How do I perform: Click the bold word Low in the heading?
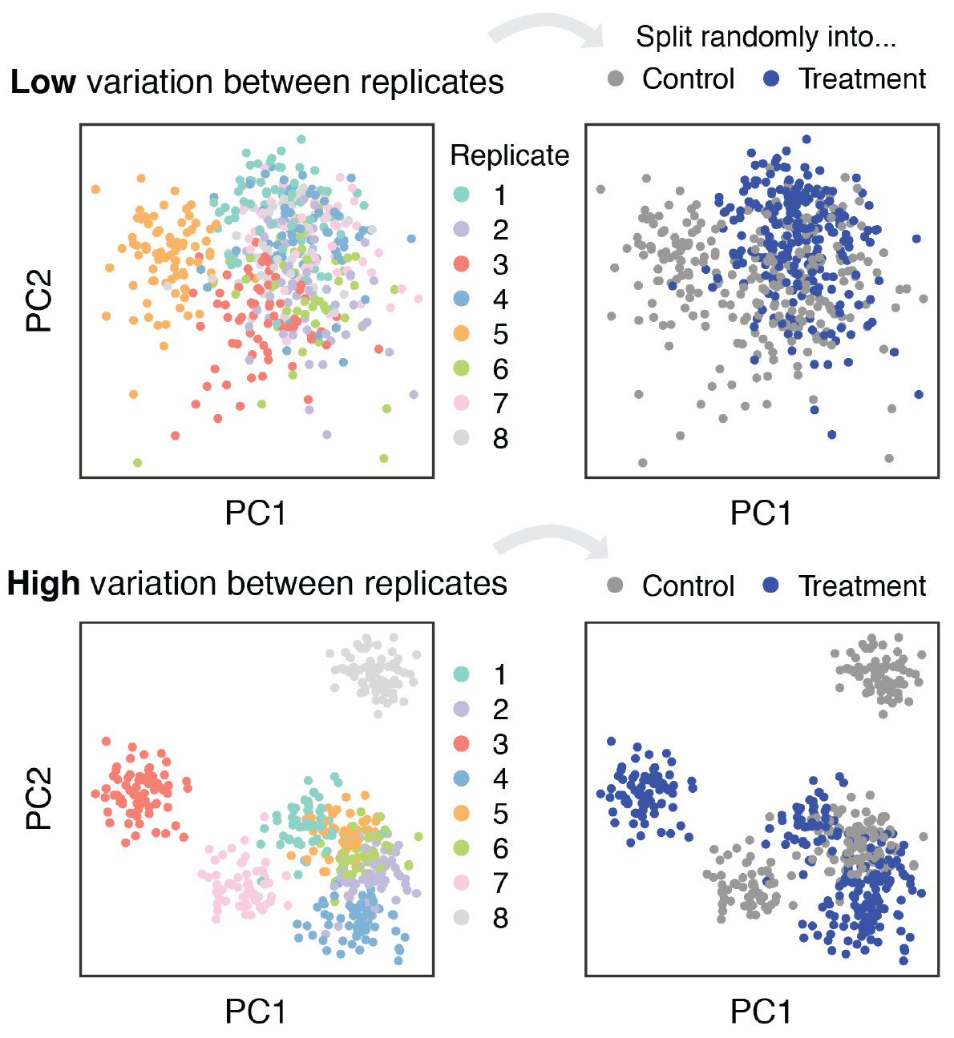click(x=43, y=82)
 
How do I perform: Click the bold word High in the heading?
click(x=43, y=584)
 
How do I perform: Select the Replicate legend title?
click(x=509, y=155)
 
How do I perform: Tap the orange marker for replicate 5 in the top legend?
click(x=461, y=334)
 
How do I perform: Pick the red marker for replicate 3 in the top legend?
click(x=461, y=264)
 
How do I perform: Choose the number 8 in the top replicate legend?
click(x=500, y=439)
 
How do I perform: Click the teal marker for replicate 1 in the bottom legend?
click(x=461, y=674)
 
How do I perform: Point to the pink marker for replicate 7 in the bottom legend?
click(x=461, y=883)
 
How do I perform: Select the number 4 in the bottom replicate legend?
click(x=500, y=779)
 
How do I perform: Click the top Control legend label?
click(x=688, y=79)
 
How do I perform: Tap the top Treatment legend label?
click(x=862, y=79)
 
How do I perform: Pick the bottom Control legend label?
click(x=688, y=586)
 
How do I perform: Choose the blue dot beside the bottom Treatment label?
click(x=771, y=585)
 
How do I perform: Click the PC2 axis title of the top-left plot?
click(x=39, y=300)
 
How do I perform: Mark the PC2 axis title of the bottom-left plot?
click(x=39, y=799)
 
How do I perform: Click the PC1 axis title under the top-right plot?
click(x=761, y=513)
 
